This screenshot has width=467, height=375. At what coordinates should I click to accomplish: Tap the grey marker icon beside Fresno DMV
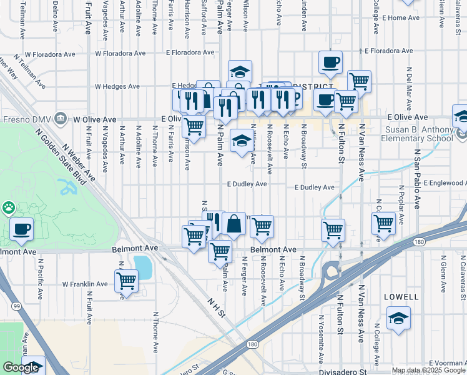pyautogui.click(x=61, y=117)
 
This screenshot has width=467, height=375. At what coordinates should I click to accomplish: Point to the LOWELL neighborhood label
pyautogui.click(x=402, y=296)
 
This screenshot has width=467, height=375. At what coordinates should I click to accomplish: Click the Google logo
pyautogui.click(x=21, y=367)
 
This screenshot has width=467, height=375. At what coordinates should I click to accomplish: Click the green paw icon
pyautogui.click(x=9, y=207)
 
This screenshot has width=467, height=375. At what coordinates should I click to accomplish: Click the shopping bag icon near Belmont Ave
pyautogui.click(x=234, y=223)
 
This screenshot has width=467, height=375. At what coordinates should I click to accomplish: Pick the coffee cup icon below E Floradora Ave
pyautogui.click(x=330, y=62)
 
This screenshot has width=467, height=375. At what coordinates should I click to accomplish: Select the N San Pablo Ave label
pyautogui.click(x=417, y=169)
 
